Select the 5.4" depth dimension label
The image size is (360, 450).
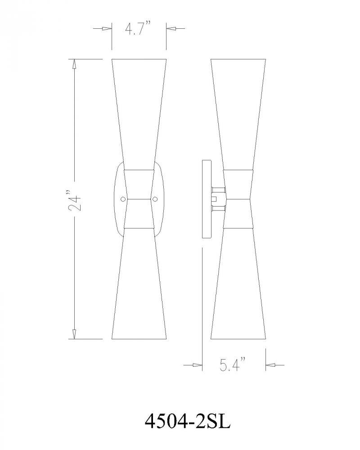(233, 364)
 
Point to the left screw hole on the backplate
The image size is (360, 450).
(123, 198)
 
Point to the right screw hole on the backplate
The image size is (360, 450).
(155, 198)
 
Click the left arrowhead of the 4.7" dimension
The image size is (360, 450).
(107, 28)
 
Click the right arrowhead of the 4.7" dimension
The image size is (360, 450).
(171, 28)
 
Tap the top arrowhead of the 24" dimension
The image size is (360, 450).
(74, 64)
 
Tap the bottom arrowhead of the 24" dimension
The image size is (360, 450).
(74, 334)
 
